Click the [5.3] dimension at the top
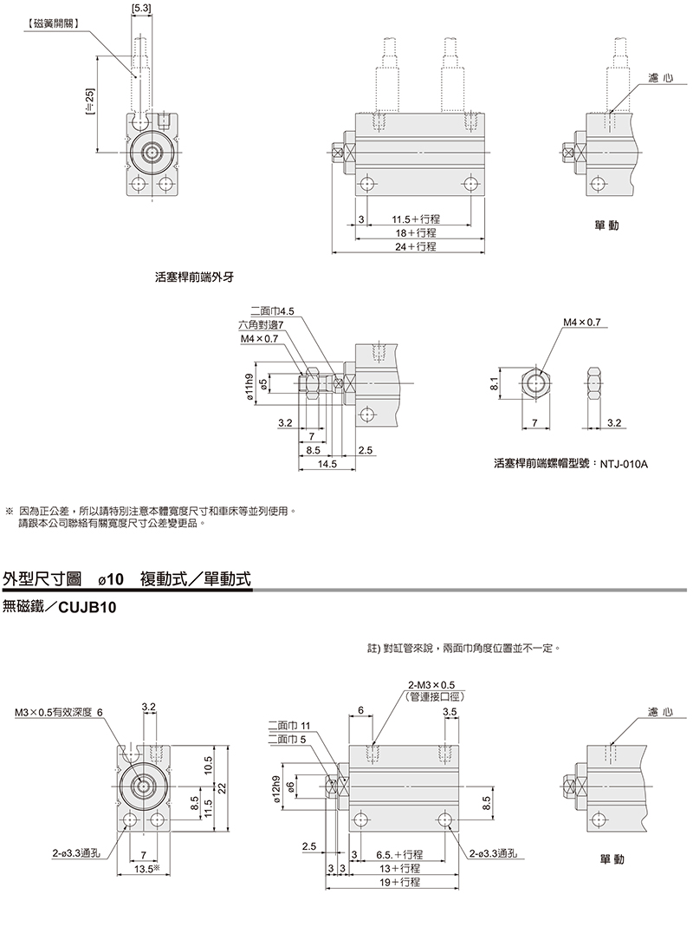point(141,9)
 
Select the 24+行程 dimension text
point(414,246)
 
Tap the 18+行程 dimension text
point(416,233)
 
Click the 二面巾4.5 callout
point(272,310)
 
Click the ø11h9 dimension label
point(250,384)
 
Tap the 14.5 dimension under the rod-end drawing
point(327,464)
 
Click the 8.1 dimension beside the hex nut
point(494,382)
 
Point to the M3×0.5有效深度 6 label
point(58,713)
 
